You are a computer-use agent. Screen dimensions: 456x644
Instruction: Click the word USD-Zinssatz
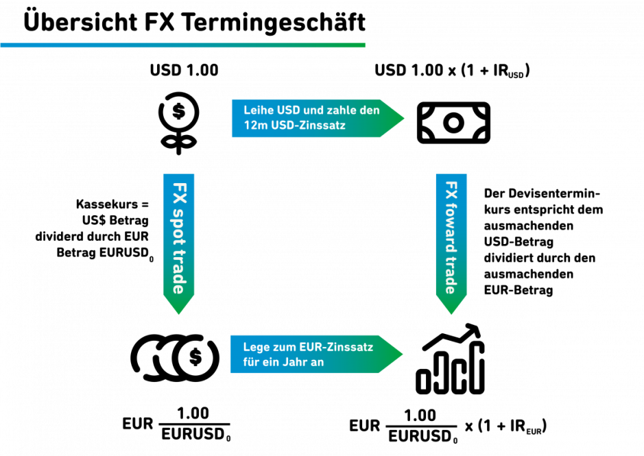[309, 125]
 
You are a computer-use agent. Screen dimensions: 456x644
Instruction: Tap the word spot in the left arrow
[179, 223]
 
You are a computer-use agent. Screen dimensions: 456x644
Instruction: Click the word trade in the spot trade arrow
[179, 272]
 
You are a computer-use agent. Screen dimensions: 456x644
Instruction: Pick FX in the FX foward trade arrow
[451, 190]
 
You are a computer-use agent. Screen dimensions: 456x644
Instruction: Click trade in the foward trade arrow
[451, 275]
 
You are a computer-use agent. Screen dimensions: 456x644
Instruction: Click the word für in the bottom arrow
[252, 362]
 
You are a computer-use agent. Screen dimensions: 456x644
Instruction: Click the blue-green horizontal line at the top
[182, 45]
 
